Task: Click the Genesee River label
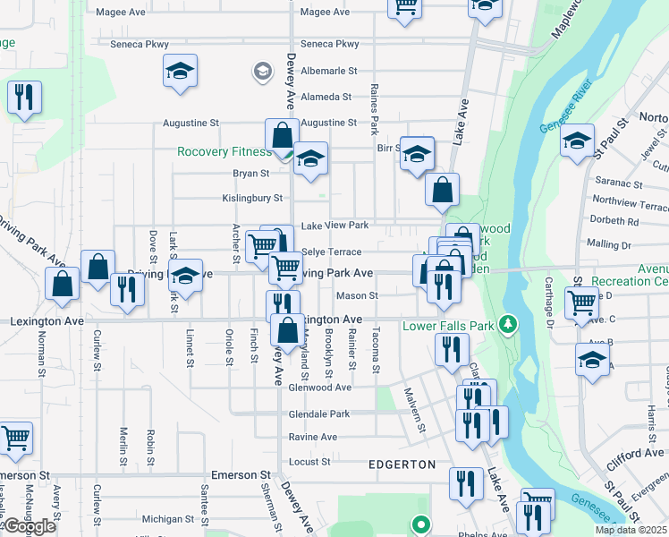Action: pyautogui.click(x=567, y=117)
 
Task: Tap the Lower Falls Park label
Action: pyautogui.click(x=447, y=325)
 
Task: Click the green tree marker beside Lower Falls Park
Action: pyautogui.click(x=507, y=323)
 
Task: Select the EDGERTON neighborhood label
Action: pyautogui.click(x=402, y=465)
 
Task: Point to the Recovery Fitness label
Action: pyautogui.click(x=224, y=151)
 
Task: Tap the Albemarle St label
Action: pyautogui.click(x=328, y=70)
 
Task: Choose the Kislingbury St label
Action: pyautogui.click(x=252, y=199)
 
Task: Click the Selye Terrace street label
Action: pyautogui.click(x=332, y=252)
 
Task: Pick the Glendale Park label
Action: pyautogui.click(x=319, y=414)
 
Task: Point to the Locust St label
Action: pyautogui.click(x=309, y=462)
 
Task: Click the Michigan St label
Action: pyautogui.click(x=168, y=518)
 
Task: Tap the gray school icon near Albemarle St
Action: pyautogui.click(x=263, y=71)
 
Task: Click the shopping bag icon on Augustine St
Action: pyautogui.click(x=282, y=136)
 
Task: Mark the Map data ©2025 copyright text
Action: pyautogui.click(x=631, y=530)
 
